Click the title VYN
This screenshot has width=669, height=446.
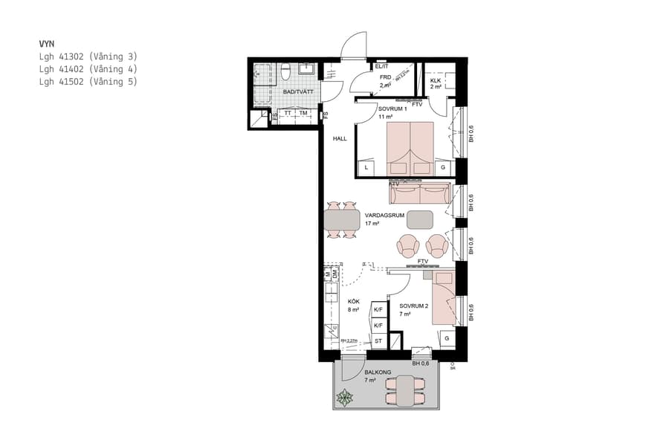point(47,44)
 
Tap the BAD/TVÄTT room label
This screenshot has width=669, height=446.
point(298,91)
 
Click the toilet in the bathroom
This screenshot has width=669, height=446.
point(285,72)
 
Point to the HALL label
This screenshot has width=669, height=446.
point(340,138)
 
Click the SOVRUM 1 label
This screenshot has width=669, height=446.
point(392,109)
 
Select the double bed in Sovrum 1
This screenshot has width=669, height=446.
point(411,149)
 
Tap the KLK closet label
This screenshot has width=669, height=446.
point(436,80)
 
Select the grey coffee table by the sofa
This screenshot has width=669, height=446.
point(421,219)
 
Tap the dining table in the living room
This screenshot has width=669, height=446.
point(342,221)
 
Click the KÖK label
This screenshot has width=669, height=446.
point(354,302)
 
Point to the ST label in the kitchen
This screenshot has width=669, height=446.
point(378,342)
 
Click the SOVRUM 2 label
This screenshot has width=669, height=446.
point(413,306)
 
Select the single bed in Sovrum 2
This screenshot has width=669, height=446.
point(444,300)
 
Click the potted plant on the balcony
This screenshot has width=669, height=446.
point(345,398)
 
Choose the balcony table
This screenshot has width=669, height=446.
point(405,391)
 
